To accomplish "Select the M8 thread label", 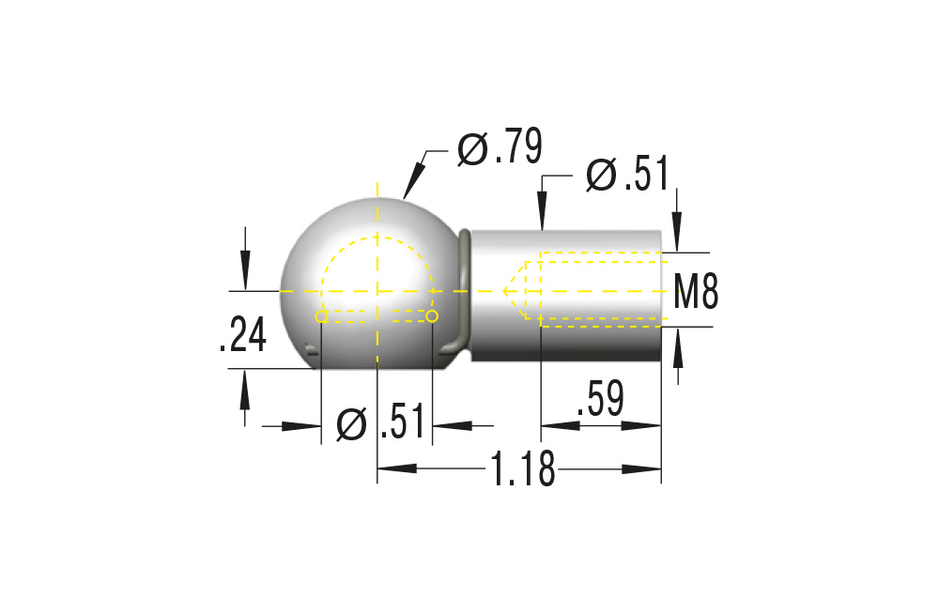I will point(697,291).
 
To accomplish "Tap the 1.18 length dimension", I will point(520,469).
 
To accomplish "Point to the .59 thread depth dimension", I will point(600,401).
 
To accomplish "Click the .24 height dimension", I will point(242,335).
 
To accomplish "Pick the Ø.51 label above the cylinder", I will point(626,176).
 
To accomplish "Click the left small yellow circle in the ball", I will point(321,317).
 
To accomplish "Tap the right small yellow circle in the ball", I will point(432,317).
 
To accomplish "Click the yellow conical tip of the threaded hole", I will point(514,291).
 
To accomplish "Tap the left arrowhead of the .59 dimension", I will point(560,425).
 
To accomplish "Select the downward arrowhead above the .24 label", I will point(245,272).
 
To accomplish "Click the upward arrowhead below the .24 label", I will point(245,387).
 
